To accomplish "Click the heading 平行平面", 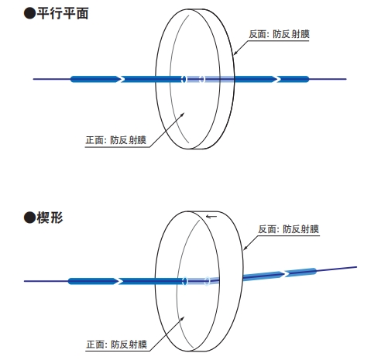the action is tap(63, 13).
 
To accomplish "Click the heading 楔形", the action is tap(50, 218).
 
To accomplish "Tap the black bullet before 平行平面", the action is tap(29, 13).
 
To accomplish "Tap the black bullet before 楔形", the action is tap(29, 218).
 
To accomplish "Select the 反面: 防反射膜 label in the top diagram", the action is tap(279, 34).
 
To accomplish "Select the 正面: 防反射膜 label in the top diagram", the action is tap(116, 140).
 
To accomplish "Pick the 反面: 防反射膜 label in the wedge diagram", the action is tap(289, 229).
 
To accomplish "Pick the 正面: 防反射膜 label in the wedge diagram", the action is tap(117, 345).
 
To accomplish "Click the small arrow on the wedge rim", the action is tap(211, 217).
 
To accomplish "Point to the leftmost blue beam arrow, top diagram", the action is tap(95, 79).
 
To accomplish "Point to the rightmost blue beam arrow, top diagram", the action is tap(293, 79).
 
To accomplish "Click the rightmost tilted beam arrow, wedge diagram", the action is tap(300, 273).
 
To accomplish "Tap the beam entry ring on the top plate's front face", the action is tap(184, 79).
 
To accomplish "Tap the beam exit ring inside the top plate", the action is tap(202, 79).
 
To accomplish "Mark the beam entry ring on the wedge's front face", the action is tap(184, 281).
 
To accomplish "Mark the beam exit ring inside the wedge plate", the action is tap(207, 281).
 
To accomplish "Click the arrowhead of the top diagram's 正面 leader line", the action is tap(183, 115).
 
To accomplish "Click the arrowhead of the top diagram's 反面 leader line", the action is tap(235, 53).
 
